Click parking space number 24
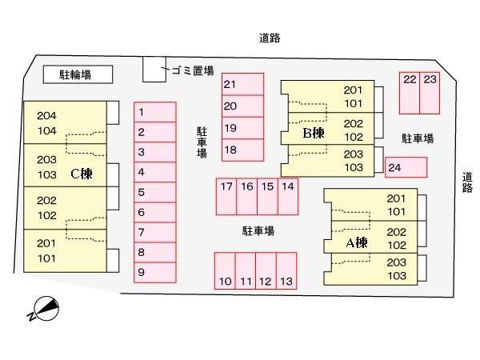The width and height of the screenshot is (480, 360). point(406,167)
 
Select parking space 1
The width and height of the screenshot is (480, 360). point(154,112)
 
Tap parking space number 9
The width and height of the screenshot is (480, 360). point(154,272)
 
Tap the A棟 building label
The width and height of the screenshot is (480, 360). point(356,242)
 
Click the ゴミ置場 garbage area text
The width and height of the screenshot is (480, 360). point(193,70)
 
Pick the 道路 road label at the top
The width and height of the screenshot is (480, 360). point(270,38)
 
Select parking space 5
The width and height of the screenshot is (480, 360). point(154,192)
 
